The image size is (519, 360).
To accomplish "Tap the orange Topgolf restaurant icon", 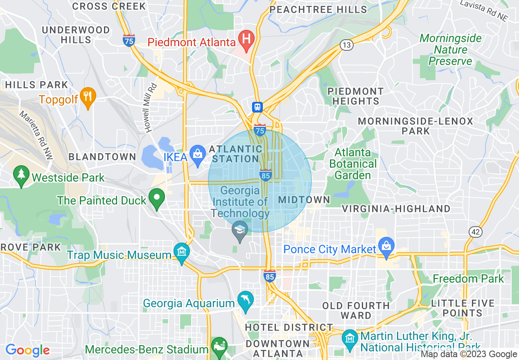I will click(x=88, y=97).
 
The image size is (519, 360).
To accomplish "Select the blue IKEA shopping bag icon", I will click(x=198, y=154).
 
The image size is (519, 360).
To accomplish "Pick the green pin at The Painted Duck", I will click(x=156, y=198).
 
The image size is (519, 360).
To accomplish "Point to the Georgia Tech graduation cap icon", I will click(x=240, y=229).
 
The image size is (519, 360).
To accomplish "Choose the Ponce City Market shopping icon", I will click(x=386, y=245).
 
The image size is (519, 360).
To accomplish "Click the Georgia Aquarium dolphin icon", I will click(x=246, y=300).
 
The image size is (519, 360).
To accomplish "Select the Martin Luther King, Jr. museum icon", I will click(x=350, y=338).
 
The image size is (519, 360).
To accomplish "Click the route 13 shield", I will click(x=347, y=45).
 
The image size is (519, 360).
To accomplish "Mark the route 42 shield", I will click(x=476, y=232).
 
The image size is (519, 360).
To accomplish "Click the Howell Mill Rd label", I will click(x=151, y=107).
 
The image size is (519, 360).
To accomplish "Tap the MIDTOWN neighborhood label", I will click(x=304, y=200).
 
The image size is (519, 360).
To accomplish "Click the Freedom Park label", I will click(x=468, y=279).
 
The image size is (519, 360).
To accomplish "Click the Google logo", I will click(x=27, y=350).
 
